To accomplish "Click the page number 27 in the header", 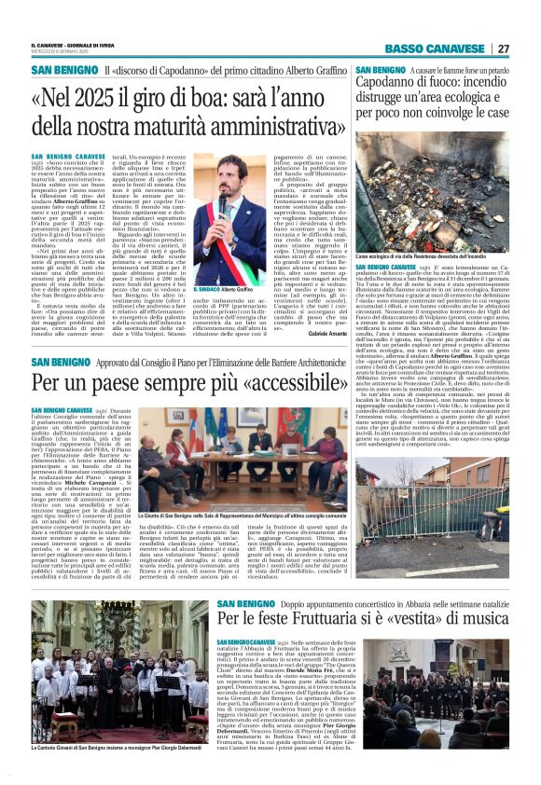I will click(x=503, y=48).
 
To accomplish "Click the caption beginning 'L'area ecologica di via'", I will click(x=433, y=255).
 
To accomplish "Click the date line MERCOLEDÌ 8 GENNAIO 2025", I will click(x=62, y=52).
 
